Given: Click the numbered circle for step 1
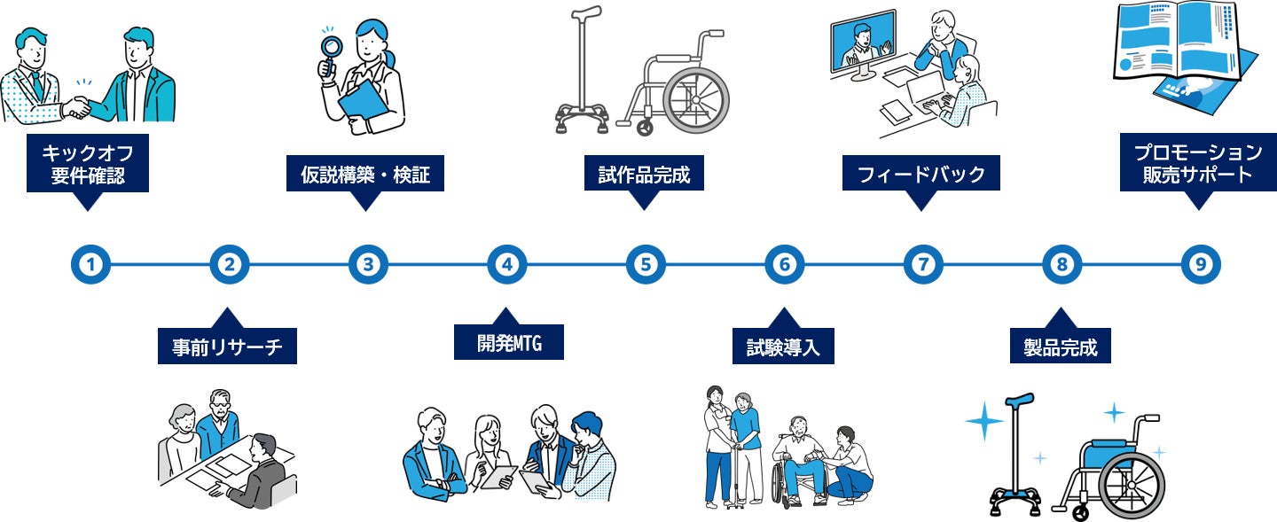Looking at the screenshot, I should [x=90, y=264].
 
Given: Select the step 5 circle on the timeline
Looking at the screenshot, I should [x=645, y=264].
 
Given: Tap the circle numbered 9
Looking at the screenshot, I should [x=1201, y=264].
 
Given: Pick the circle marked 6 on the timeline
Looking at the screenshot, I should [x=784, y=264].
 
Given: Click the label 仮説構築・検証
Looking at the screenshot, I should [x=364, y=175].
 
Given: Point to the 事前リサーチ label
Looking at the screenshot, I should [x=227, y=347].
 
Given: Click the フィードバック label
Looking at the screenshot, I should [x=921, y=174].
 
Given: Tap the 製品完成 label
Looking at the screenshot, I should [x=1061, y=347].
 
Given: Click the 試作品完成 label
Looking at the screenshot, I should [x=644, y=174].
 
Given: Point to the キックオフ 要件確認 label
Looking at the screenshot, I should [x=87, y=163].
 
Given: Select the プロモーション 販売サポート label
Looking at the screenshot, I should [x=1198, y=162].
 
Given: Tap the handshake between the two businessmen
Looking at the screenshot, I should [x=78, y=107].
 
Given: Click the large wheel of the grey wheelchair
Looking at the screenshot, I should [x=695, y=97].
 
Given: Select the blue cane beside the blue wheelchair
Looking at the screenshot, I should [x=1013, y=452].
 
